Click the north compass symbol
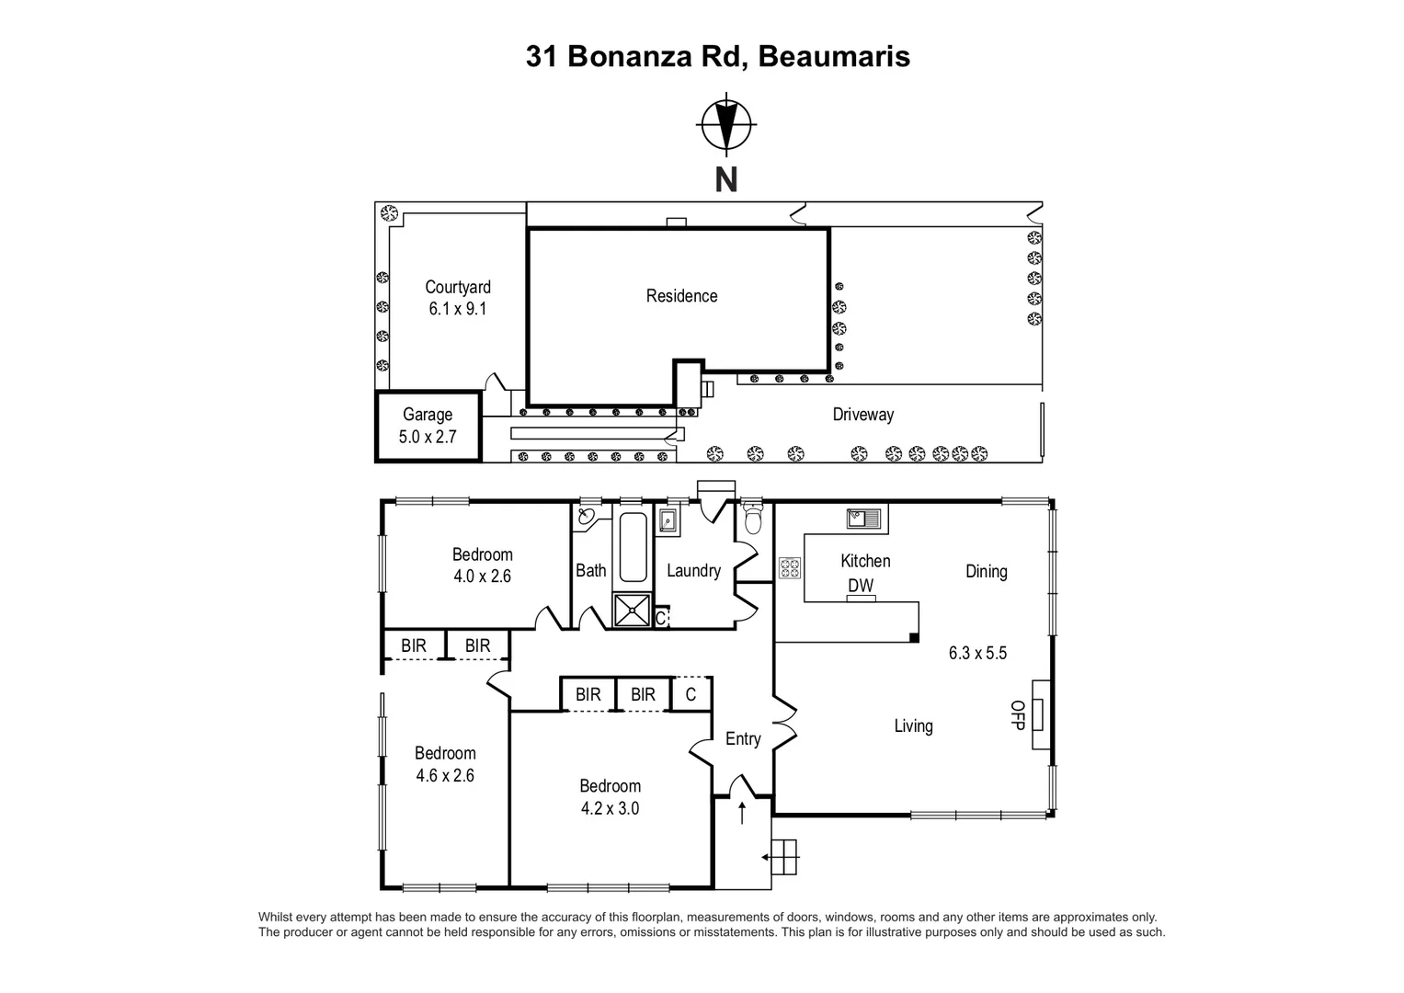click(726, 123)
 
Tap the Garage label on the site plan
click(428, 415)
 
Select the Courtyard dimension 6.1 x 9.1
click(458, 309)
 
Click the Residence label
click(681, 296)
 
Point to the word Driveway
click(862, 415)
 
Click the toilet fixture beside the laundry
click(753, 521)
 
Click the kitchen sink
click(863, 518)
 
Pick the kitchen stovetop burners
click(790, 567)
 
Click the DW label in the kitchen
click(861, 586)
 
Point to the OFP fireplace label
click(1018, 714)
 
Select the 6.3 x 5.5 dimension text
click(977, 654)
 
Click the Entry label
click(743, 739)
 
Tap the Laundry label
click(693, 571)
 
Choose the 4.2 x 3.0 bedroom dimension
click(610, 809)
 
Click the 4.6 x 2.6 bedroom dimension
click(445, 775)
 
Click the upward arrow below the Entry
click(742, 812)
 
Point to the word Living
click(913, 726)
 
